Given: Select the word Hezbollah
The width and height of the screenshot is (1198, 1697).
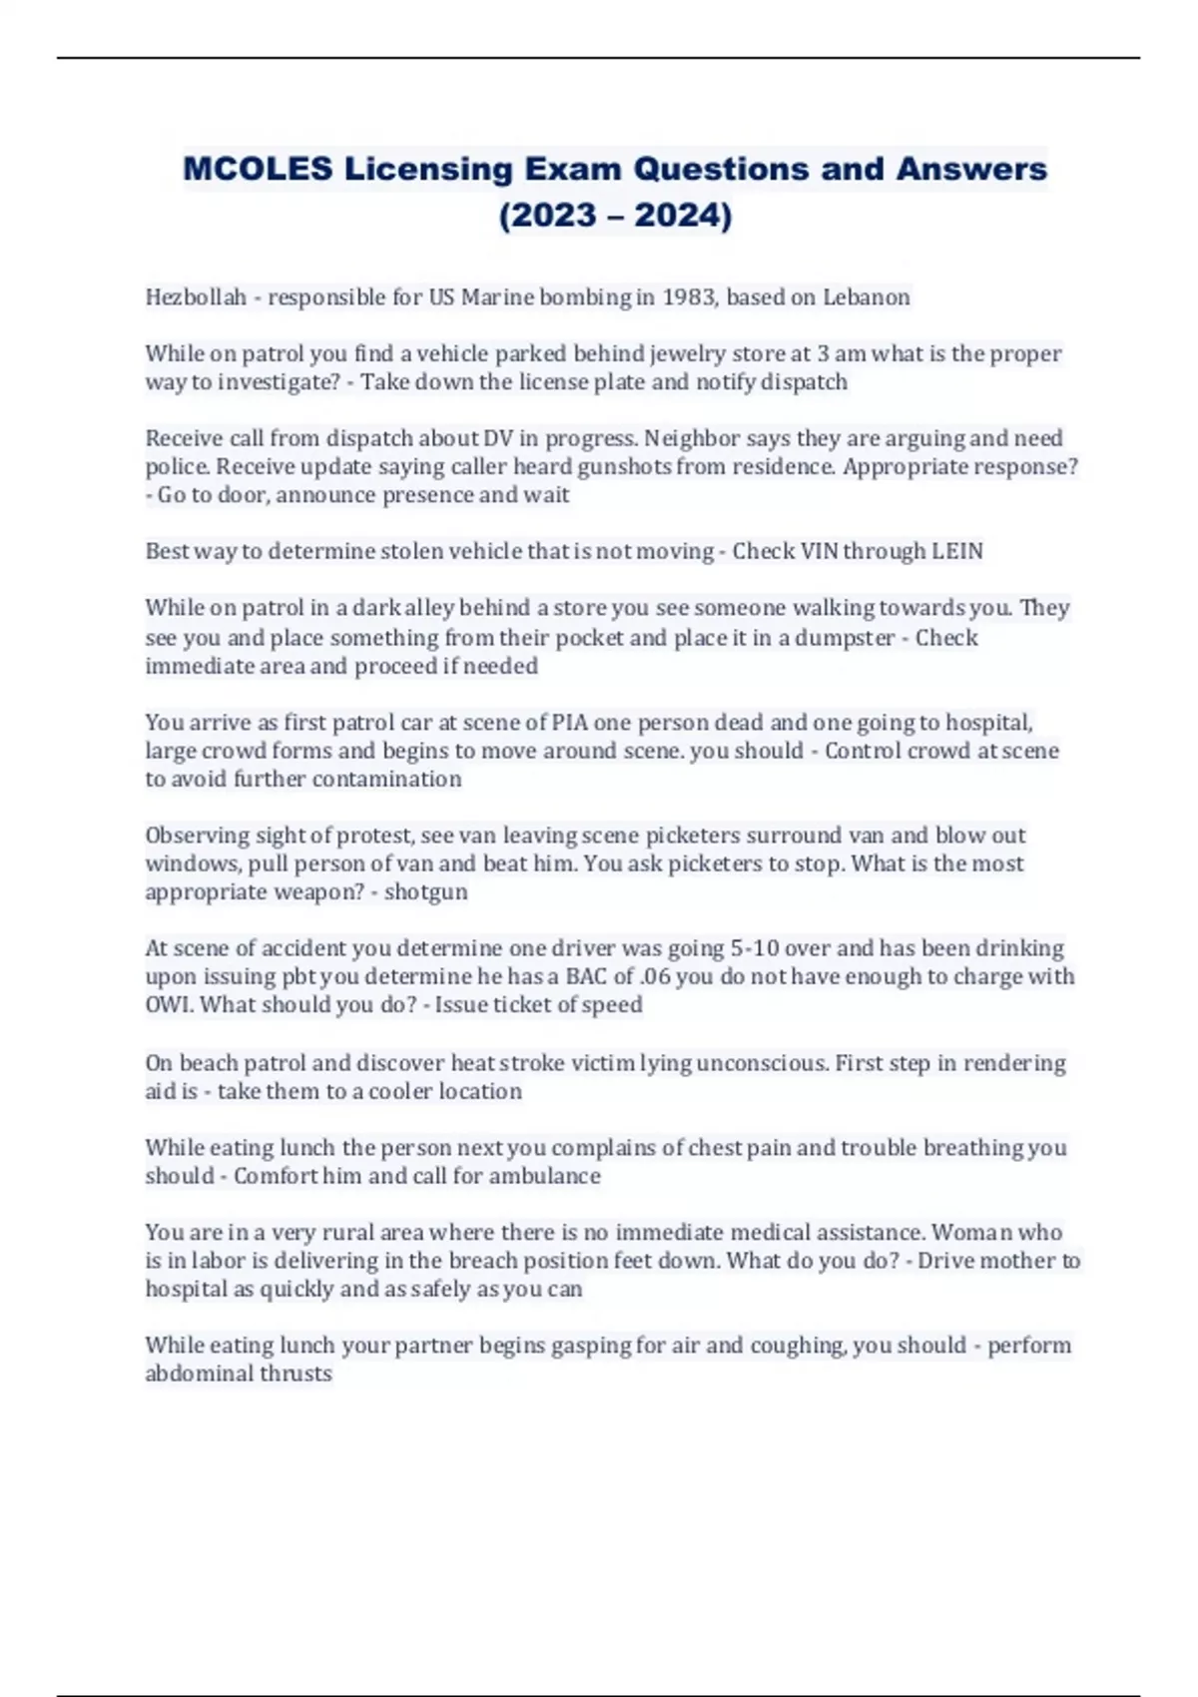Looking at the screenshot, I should click(196, 297).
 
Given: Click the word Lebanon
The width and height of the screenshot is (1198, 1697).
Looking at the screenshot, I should click(866, 297).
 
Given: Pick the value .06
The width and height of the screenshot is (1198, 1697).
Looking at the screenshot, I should click(654, 976).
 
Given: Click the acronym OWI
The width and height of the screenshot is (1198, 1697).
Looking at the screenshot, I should click(170, 1004).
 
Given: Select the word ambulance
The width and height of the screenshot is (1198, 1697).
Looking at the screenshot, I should click(544, 1176).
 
